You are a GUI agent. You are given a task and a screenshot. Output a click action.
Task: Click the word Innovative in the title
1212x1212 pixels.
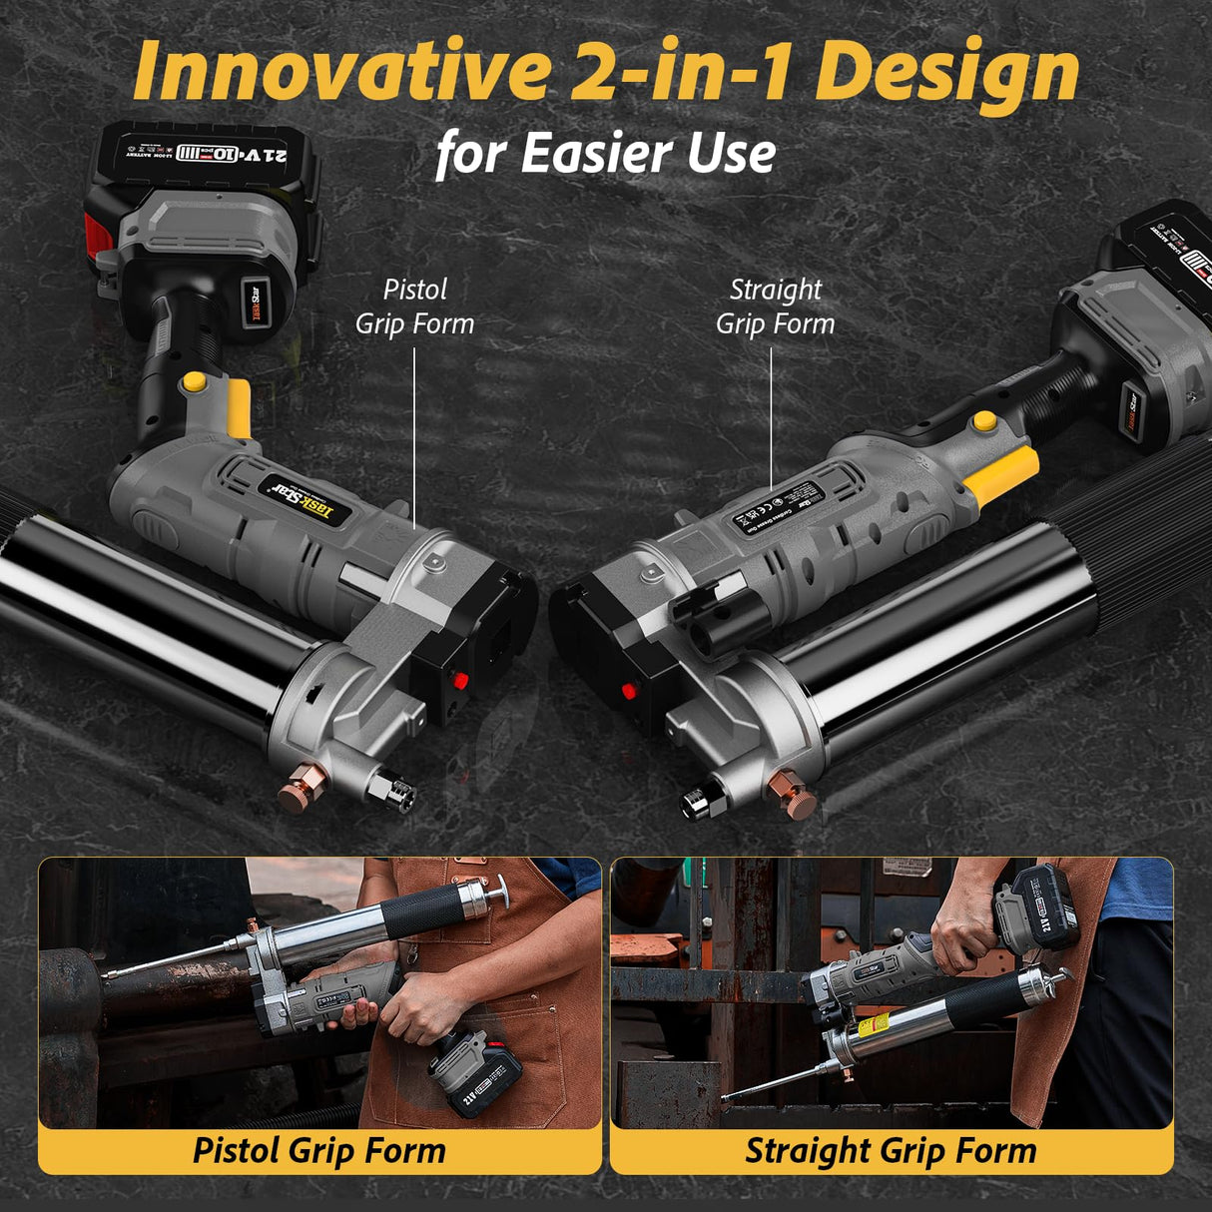(x=339, y=72)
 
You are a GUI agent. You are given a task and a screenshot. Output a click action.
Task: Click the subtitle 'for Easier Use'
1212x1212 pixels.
(x=605, y=154)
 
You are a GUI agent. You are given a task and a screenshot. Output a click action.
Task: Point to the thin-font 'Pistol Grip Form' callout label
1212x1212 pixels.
(x=414, y=306)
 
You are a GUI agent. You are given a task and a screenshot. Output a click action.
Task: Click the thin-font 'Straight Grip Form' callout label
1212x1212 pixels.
(x=775, y=306)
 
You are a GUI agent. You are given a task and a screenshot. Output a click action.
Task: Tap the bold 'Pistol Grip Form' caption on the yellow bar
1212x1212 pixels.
(x=318, y=1150)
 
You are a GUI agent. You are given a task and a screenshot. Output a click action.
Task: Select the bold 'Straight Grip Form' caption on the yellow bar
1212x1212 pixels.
(x=891, y=1150)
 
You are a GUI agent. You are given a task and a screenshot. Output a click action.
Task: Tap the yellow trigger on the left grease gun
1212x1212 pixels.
(x=239, y=407)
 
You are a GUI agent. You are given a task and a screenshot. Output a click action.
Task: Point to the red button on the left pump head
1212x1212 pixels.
(x=459, y=682)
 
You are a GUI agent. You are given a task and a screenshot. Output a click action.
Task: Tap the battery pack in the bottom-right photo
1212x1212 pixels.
(x=1038, y=909)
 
